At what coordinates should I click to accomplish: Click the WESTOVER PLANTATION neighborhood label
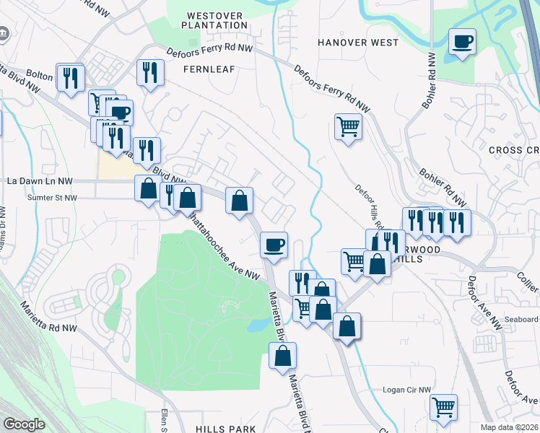coord(217,20)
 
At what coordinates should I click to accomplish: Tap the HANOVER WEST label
coord(358,43)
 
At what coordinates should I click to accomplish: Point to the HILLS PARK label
coord(225,429)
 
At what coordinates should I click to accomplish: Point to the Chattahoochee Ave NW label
coord(223,245)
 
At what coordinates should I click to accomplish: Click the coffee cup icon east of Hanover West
coord(461,41)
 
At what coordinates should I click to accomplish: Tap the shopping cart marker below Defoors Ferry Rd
coord(348,127)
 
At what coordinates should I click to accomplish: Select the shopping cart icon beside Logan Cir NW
coord(443,406)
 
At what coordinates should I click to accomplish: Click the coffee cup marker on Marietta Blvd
coord(274,245)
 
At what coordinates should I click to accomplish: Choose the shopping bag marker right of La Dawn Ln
coord(148,188)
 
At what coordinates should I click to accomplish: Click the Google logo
coord(24,424)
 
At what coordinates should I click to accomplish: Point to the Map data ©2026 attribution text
coord(510,427)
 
